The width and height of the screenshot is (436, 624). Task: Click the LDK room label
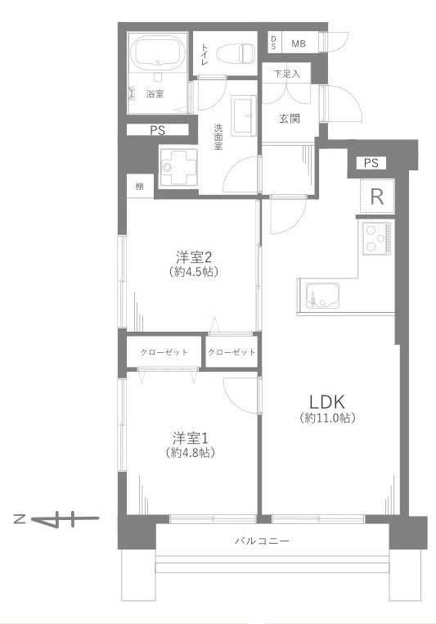click(x=330, y=401)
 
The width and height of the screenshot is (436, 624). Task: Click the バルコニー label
click(x=262, y=540)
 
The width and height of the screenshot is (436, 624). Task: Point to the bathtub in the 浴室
click(x=155, y=52)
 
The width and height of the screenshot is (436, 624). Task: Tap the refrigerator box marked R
click(x=377, y=196)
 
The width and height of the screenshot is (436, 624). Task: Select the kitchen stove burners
click(x=376, y=238)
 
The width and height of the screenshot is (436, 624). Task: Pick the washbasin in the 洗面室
click(x=245, y=115)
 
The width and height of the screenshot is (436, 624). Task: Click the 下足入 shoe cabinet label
click(x=286, y=75)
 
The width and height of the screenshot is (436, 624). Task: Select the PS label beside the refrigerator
click(x=371, y=162)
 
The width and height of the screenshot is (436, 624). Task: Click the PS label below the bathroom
click(x=157, y=130)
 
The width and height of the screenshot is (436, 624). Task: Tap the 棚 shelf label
click(x=139, y=187)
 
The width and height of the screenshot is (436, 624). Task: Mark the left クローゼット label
click(x=163, y=352)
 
